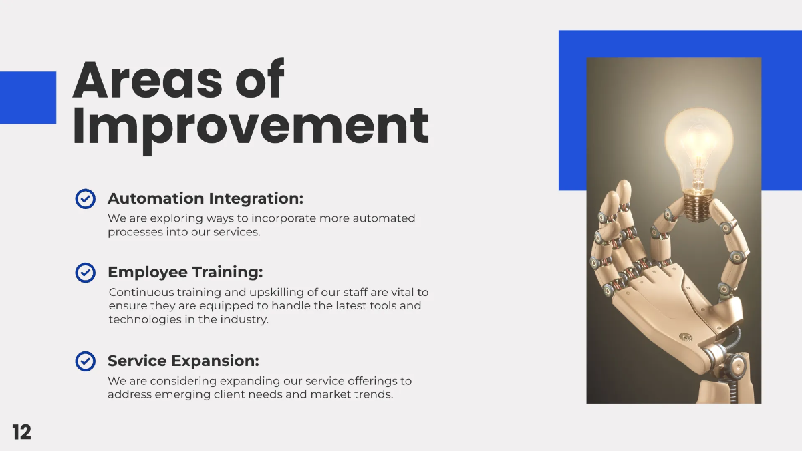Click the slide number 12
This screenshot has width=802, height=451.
[x=21, y=432]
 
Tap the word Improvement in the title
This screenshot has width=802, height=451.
[x=250, y=127]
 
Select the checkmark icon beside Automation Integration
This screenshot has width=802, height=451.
[x=85, y=199]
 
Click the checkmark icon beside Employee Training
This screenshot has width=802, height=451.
[x=85, y=273]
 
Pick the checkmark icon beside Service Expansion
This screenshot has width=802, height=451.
[x=85, y=361]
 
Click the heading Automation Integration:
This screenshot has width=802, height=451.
[x=205, y=199]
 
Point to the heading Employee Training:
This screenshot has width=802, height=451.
[x=185, y=273]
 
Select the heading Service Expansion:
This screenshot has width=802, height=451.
[x=183, y=361]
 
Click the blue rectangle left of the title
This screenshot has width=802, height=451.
[x=27, y=98]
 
